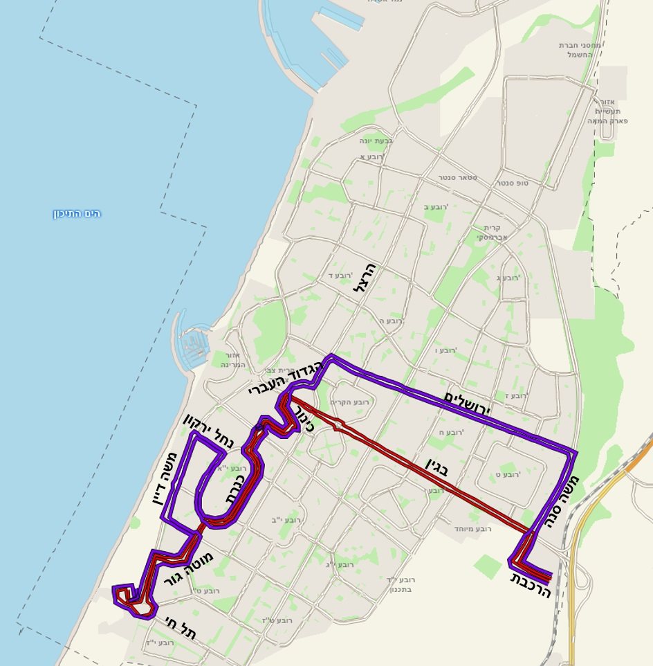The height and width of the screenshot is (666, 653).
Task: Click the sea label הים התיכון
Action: tap(77, 213)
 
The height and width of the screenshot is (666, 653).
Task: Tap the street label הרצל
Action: tap(364, 278)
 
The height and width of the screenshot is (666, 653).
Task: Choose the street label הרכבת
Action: tap(531, 585)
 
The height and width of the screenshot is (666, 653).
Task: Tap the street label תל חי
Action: tap(181, 627)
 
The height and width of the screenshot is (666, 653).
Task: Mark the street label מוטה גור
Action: tap(188, 568)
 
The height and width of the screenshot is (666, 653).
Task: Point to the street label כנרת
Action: tap(235, 489)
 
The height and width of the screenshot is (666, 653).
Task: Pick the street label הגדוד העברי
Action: tap(286, 378)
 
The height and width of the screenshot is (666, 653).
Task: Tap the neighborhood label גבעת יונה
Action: tap(376, 141)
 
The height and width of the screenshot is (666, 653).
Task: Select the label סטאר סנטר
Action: tap(457, 178)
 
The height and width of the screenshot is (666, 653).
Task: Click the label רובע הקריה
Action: tap(349, 402)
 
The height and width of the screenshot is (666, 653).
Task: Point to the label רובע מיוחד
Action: tap(472, 528)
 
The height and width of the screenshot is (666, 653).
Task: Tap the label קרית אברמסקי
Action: tap(493, 232)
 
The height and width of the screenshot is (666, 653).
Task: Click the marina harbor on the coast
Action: tap(194, 344)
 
